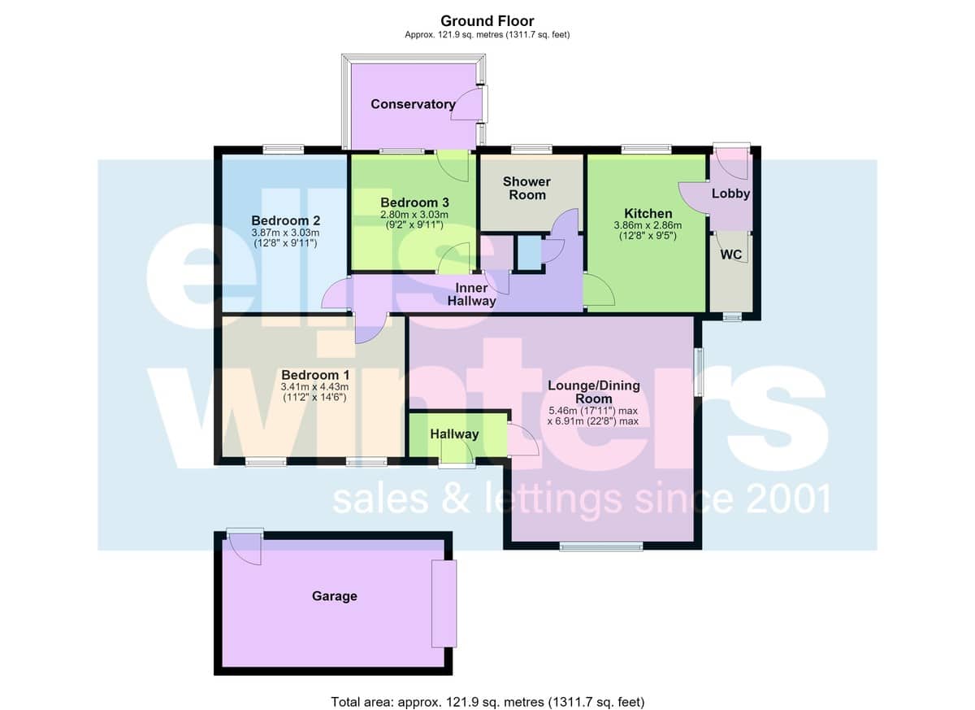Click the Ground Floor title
tap(487, 21)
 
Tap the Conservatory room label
tap(413, 104)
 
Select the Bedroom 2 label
tap(285, 220)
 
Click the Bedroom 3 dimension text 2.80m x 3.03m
tap(414, 215)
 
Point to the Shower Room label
tap(526, 188)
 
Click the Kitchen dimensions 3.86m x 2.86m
tap(648, 225)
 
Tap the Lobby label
tap(730, 194)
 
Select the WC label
tap(730, 255)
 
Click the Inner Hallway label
tap(471, 294)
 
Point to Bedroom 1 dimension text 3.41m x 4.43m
tap(314, 387)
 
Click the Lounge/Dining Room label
tap(594, 392)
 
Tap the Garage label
tap(334, 596)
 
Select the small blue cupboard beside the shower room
tap(529, 254)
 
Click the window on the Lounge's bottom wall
tap(601, 546)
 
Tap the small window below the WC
tap(732, 317)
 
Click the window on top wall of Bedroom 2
tap(284, 150)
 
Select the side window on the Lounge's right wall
tap(699, 372)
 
